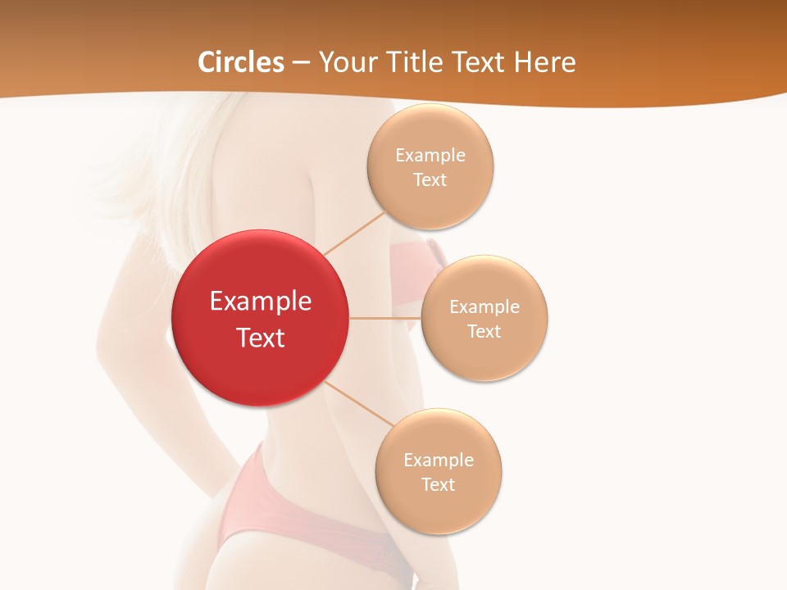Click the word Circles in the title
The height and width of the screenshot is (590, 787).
tap(241, 62)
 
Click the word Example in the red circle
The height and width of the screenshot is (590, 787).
tap(261, 302)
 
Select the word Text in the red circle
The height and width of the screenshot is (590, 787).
tap(261, 338)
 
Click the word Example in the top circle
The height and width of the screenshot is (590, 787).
tap(430, 156)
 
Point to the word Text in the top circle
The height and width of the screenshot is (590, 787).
tap(430, 180)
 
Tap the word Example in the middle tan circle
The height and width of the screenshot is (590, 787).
tap(484, 307)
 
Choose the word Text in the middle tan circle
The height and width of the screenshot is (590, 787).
tap(484, 332)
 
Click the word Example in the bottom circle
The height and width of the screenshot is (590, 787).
tap(439, 461)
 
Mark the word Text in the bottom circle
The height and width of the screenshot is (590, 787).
tap(439, 485)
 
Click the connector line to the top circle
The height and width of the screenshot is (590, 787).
tap(354, 233)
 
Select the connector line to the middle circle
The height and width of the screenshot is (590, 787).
tap(385, 317)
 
